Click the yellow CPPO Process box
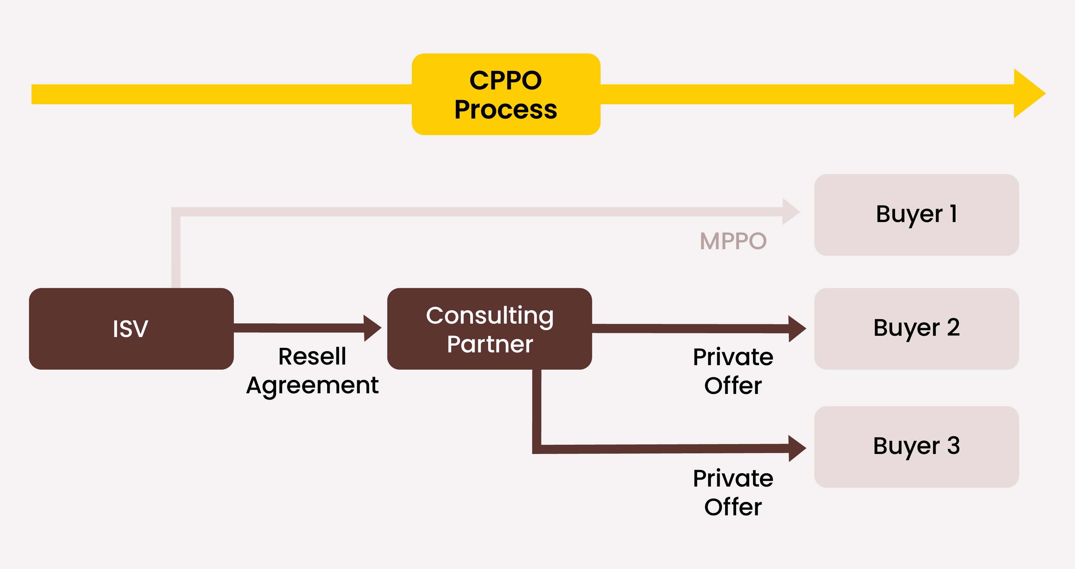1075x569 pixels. coord(506,94)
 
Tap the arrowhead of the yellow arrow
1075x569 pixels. coord(1027,94)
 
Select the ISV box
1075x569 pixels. coord(131,328)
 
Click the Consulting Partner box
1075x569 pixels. coord(489,328)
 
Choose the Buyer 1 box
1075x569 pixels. coord(917,215)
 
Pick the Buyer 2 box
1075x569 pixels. coord(917,328)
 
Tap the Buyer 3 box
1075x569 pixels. coord(917,447)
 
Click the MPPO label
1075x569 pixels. coord(733,241)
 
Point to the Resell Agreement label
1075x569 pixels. coord(312,371)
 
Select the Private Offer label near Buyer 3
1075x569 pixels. coord(733,492)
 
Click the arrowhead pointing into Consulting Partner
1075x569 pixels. coord(372,328)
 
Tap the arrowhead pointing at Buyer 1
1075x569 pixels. coord(790,211)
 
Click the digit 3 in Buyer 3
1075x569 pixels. coord(953,446)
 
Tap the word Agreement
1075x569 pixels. coord(312,385)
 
